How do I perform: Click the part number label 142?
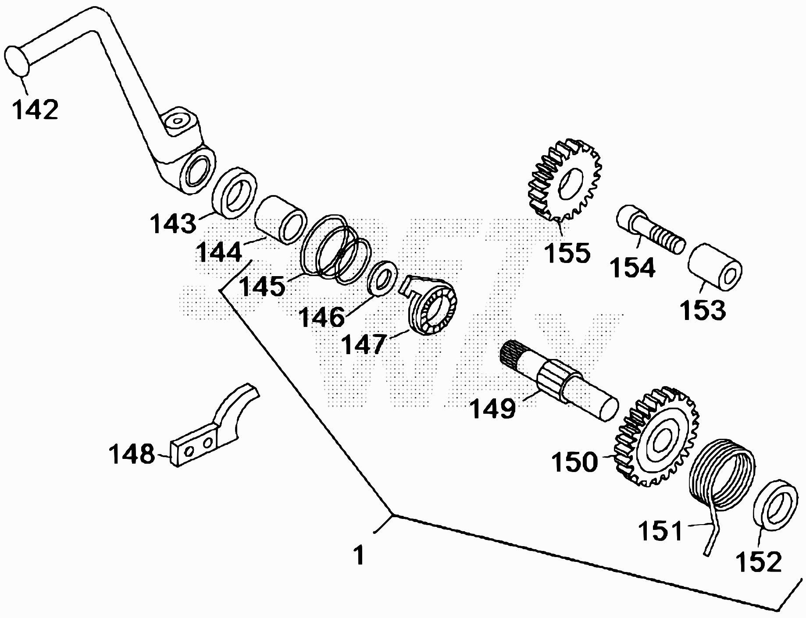click(x=35, y=110)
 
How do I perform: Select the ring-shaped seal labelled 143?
click(x=235, y=192)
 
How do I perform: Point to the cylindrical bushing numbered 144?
click(x=281, y=219)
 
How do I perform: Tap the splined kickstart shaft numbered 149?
click(x=559, y=381)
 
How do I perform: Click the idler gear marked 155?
click(x=563, y=180)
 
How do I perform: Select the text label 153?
click(x=703, y=309)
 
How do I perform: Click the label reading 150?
click(x=574, y=462)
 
